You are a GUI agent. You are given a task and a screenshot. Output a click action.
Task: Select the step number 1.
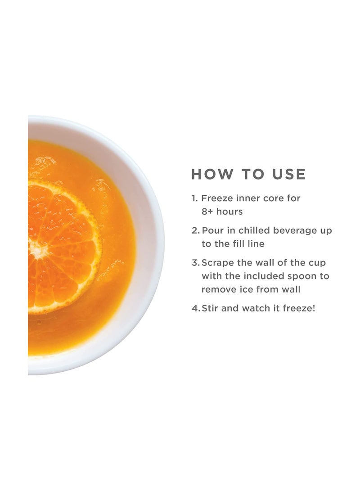tap(194, 198)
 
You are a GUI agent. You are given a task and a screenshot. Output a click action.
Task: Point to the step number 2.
tap(195, 230)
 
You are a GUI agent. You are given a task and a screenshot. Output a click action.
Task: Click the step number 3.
tap(195, 263)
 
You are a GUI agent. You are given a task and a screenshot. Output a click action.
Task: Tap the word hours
tap(230, 211)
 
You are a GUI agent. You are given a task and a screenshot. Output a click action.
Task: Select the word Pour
tap(212, 230)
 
